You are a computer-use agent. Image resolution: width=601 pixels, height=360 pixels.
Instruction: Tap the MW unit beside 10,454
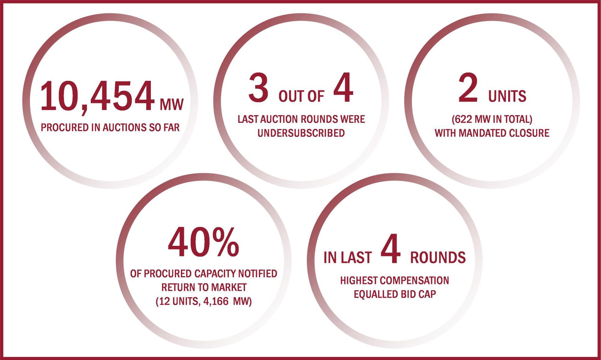tap(172, 104)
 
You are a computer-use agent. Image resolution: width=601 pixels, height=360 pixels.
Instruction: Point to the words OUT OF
tap(301, 96)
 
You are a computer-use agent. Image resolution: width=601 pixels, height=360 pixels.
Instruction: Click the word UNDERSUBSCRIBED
tap(301, 133)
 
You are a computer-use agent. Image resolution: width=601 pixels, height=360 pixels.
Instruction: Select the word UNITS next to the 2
tap(507, 96)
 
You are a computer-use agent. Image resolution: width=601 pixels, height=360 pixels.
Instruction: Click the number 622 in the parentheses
tap(463, 119)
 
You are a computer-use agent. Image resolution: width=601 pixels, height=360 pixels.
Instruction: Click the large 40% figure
tap(203, 242)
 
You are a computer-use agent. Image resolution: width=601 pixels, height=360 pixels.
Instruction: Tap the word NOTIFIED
tap(258, 274)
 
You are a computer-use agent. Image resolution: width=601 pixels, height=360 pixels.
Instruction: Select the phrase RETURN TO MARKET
tap(204, 287)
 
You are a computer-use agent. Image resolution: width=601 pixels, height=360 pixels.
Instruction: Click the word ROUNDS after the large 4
tap(438, 257)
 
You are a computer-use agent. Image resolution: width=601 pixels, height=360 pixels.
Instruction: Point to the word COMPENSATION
tap(414, 281)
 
